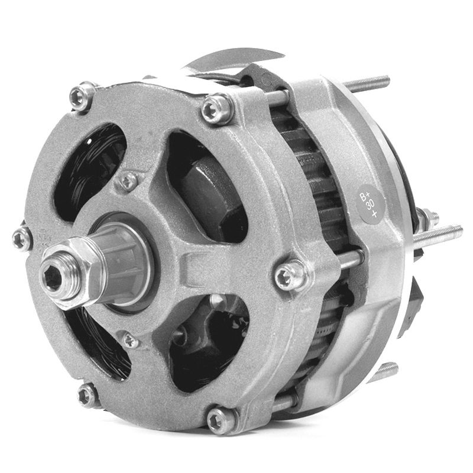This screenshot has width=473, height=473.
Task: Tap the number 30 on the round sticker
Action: point(370,204)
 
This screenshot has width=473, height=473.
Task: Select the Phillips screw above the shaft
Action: point(128,182)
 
